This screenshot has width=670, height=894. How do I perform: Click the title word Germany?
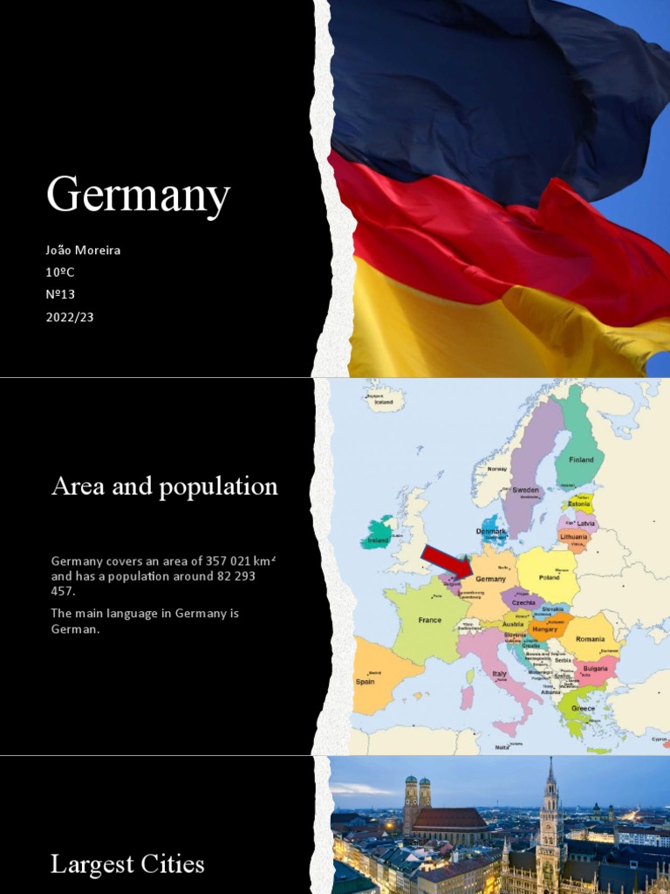click(138, 196)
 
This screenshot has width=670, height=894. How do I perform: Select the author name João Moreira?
click(84, 251)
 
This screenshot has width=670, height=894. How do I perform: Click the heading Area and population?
click(165, 486)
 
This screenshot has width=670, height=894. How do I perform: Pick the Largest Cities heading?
click(127, 864)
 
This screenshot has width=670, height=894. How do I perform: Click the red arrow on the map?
click(446, 563)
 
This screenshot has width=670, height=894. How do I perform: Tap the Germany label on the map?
click(490, 579)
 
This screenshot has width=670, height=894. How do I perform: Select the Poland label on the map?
click(549, 578)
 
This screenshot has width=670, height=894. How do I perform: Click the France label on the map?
click(430, 620)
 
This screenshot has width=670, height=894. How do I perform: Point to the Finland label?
click(581, 459)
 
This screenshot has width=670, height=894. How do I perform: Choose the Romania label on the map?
click(590, 640)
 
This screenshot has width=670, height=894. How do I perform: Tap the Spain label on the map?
click(365, 682)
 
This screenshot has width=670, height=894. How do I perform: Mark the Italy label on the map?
click(499, 674)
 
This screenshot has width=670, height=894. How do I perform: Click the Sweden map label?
click(525, 490)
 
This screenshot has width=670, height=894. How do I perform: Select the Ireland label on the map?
click(378, 540)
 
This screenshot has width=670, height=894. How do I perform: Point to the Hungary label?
click(544, 629)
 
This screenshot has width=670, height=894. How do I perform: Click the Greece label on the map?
click(583, 708)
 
